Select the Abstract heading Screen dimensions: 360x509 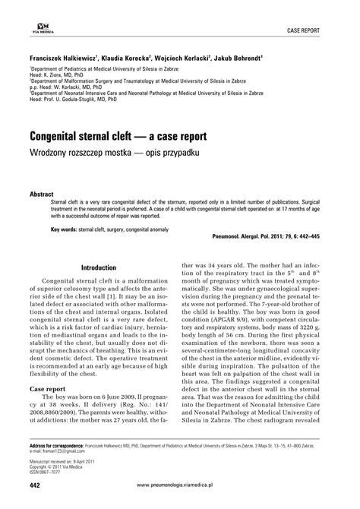[40, 194]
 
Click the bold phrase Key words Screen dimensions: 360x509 [68, 227]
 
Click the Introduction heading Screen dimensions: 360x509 [98, 267]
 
